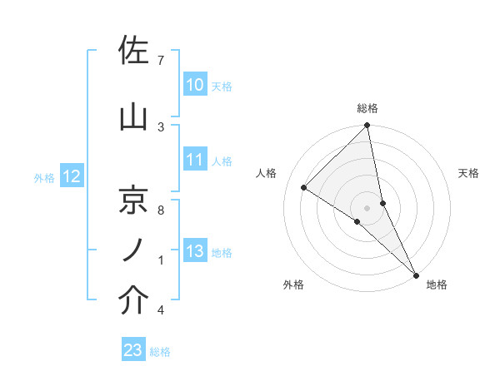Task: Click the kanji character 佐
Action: tap(134, 52)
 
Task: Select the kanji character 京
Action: tap(134, 200)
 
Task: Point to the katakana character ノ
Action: tap(134, 250)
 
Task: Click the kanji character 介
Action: tap(134, 301)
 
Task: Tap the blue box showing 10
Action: tap(194, 84)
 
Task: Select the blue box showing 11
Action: tap(194, 160)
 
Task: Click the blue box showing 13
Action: tap(194, 251)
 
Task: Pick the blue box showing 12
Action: tap(72, 176)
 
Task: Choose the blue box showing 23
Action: tap(133, 350)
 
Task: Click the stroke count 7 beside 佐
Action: tap(160, 61)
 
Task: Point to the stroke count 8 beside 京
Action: tap(160, 210)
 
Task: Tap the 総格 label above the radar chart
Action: tap(367, 108)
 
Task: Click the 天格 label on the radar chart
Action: tap(469, 173)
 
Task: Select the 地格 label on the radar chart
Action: tap(437, 285)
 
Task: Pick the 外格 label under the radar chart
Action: tap(293, 285)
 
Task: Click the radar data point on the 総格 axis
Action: tap(367, 126)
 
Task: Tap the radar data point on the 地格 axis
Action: tap(416, 274)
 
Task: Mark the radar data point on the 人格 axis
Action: tap(304, 187)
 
